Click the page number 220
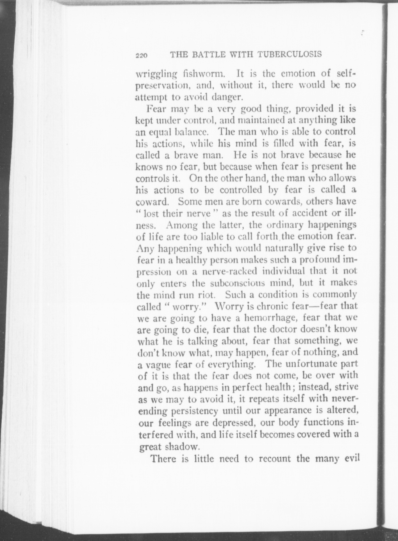pos(141,55)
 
